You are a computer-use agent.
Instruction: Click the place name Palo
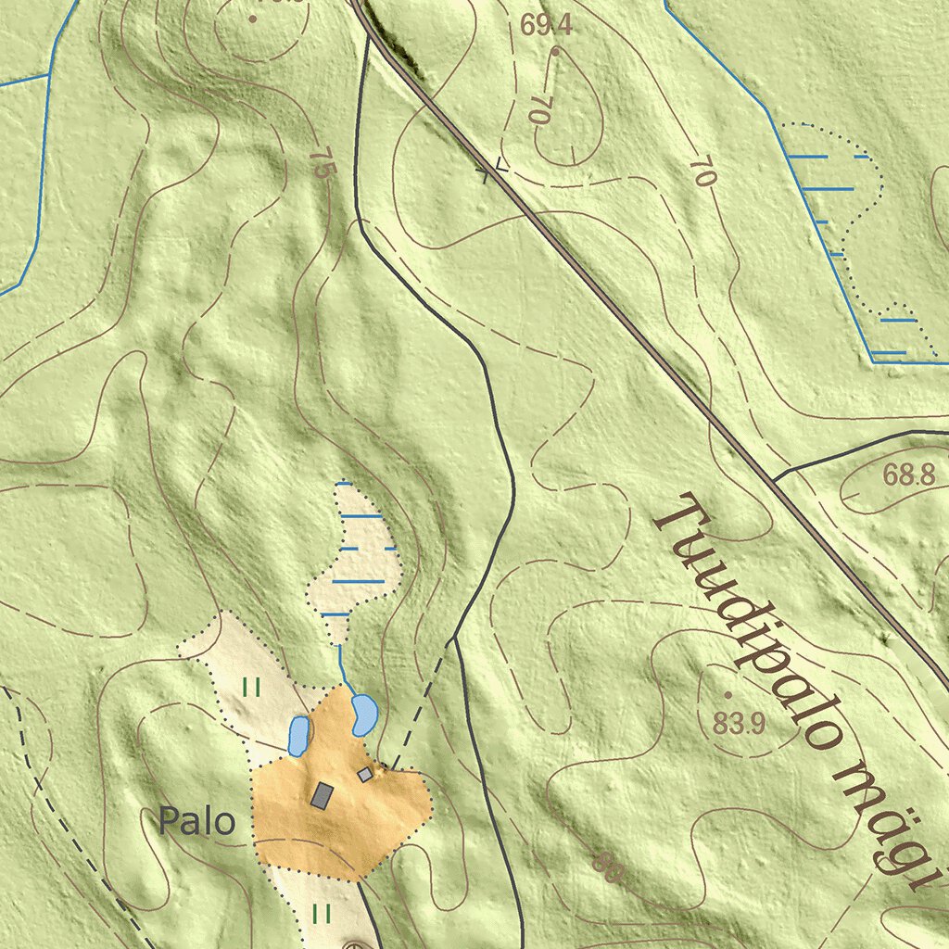[196, 821]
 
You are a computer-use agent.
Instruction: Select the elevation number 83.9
[739, 723]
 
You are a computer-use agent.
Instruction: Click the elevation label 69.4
[546, 26]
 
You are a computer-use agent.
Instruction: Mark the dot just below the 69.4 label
[554, 52]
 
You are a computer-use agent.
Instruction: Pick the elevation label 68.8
[908, 476]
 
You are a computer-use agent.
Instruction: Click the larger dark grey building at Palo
[322, 795]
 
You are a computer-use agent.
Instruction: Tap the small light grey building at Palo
[365, 774]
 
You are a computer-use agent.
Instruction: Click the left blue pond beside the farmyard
[298, 736]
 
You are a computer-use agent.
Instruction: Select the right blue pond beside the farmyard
[363, 715]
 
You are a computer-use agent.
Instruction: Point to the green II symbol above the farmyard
[250, 687]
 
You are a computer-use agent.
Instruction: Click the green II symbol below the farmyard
[322, 914]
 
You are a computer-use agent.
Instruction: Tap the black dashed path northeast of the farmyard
[423, 704]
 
